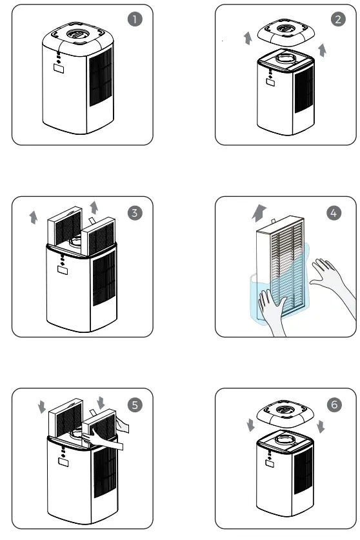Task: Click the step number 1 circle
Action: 134,19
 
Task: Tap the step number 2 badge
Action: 338,19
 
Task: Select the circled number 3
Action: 134,212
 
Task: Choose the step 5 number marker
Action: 134,405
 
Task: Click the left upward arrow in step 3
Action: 33,217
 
